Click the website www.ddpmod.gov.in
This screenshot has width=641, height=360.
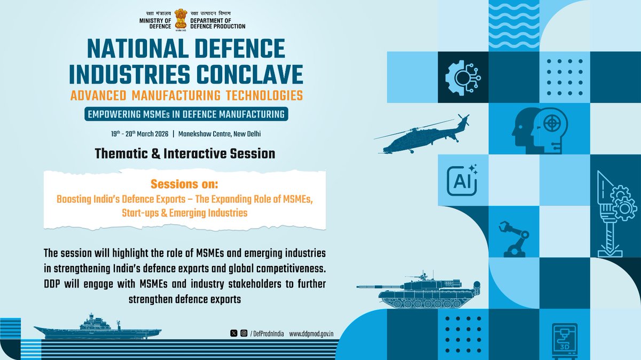(311, 333)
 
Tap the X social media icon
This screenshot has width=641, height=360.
(233, 333)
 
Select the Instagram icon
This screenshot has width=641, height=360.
(243, 333)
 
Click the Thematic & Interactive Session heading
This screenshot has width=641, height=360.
(185, 154)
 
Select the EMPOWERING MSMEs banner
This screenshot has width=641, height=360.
(185, 114)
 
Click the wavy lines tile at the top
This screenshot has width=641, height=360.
(514, 25)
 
